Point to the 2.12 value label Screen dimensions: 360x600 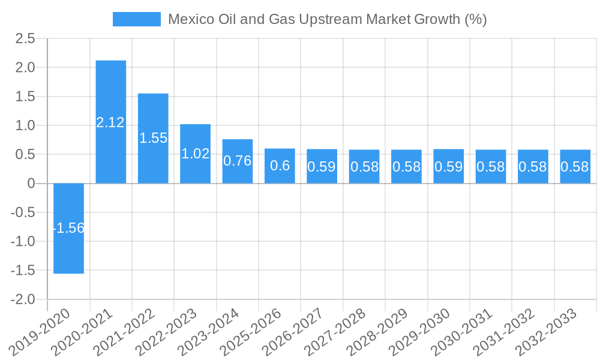click(111, 122)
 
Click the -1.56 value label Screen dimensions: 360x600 click(68, 228)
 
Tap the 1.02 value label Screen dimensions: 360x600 click(196, 154)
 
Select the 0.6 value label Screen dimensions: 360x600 click(280, 166)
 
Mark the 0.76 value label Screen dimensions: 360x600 click(238, 161)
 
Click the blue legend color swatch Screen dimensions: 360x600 click(137, 19)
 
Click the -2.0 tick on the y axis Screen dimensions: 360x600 click(22, 299)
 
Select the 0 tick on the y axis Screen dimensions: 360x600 click(31, 184)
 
